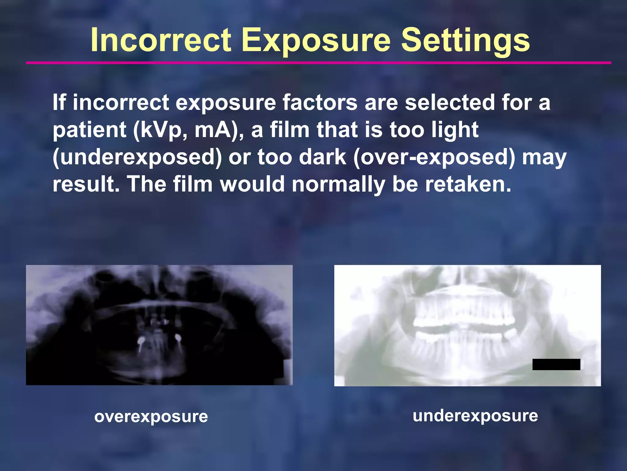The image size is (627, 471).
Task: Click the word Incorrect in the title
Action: pos(161,40)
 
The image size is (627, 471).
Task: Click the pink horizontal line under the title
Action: pos(318,63)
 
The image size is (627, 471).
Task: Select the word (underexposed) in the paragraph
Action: pos(137,157)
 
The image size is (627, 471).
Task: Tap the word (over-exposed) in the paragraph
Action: pos(434,157)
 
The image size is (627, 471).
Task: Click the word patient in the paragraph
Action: pos(89,130)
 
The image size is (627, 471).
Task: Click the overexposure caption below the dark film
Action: pos(151,417)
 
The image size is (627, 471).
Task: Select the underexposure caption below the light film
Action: pos(475,416)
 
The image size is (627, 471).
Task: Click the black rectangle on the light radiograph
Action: pos(556,364)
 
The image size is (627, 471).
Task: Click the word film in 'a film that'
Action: pos(290,130)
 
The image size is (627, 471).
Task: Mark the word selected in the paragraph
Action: pos(450,102)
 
